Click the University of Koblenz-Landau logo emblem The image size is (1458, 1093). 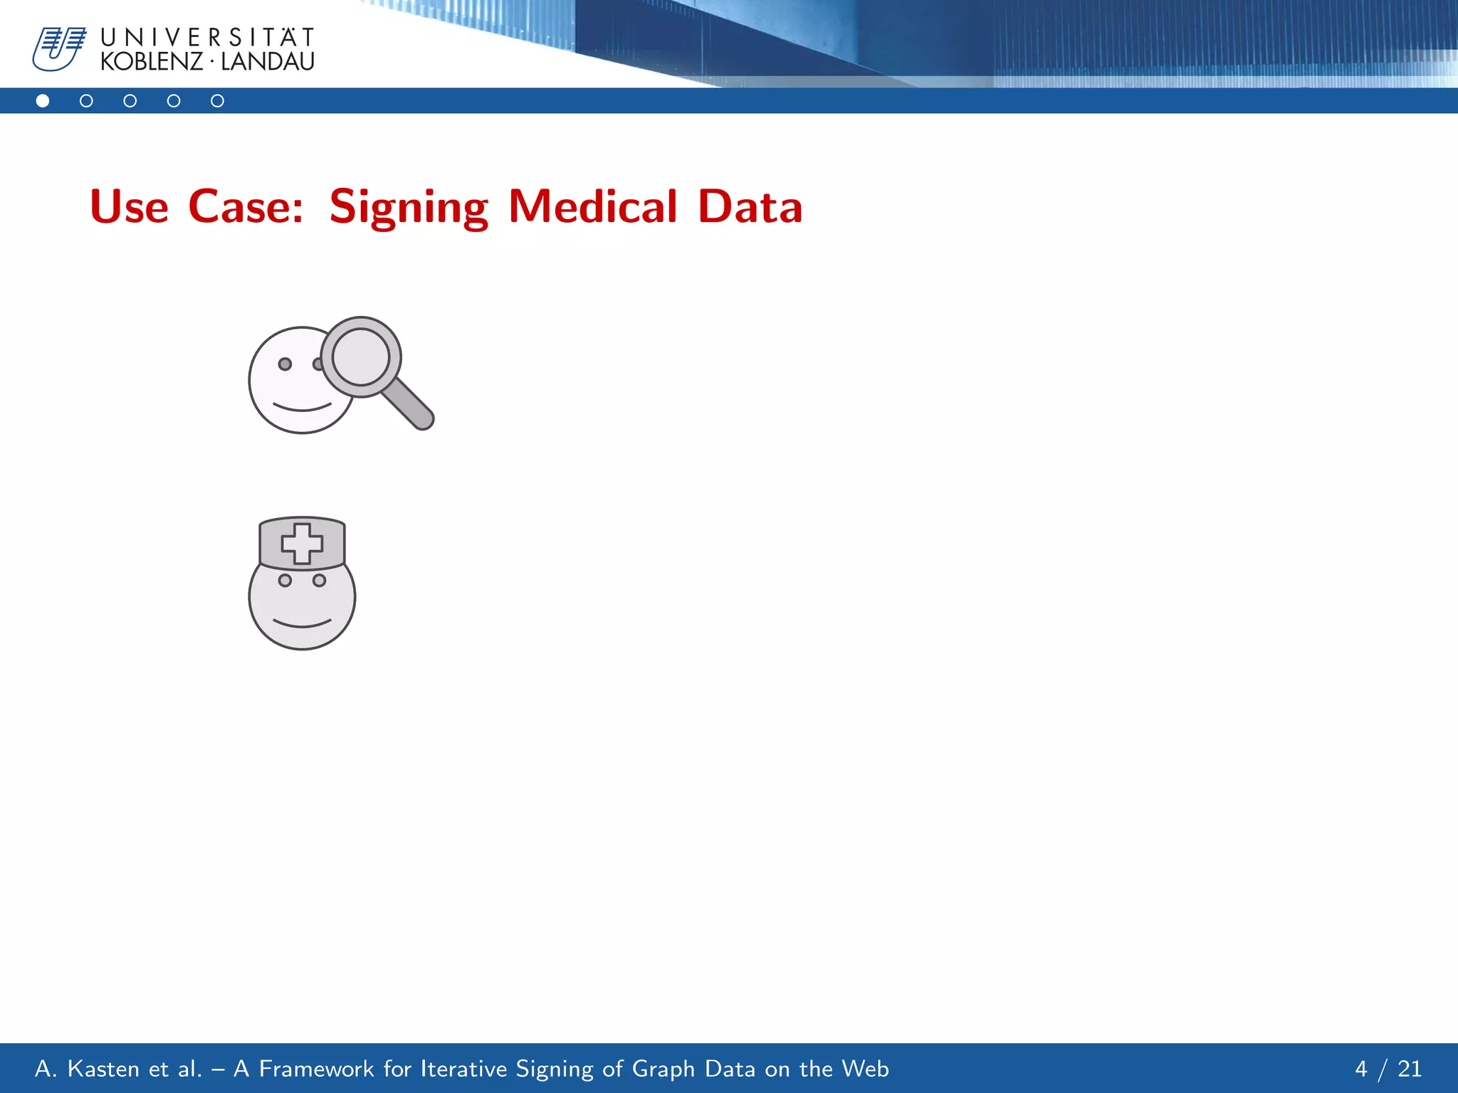coord(58,48)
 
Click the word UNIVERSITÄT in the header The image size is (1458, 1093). coord(207,37)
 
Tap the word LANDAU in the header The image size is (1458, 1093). coord(268,62)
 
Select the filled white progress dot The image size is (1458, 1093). coord(43,101)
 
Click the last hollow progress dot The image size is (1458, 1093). coord(217,101)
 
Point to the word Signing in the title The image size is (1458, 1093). coord(409,207)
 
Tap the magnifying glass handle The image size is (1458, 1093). coord(409,404)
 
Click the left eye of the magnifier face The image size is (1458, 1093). coord(285,364)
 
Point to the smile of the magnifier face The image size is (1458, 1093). coord(302,408)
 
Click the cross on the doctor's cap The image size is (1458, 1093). coord(302,544)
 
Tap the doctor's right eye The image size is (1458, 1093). coord(320,581)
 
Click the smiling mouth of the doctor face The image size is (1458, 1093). coord(302,624)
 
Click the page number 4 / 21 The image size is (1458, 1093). coord(1388,1069)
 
